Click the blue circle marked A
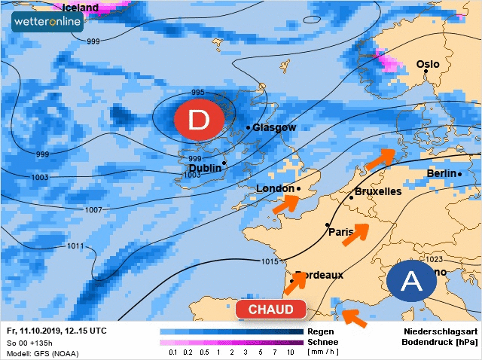tap(411, 282)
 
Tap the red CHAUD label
tap(270, 310)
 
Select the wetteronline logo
tap(47, 23)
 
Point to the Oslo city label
tap(428, 64)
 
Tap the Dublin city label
tap(205, 168)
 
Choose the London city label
tap(275, 188)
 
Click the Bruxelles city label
tap(377, 191)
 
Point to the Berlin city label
tap(441, 173)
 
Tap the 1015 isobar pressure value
tap(270, 261)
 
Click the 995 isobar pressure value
tap(197, 93)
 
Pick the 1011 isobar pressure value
tap(75, 246)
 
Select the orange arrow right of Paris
tap(356, 234)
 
